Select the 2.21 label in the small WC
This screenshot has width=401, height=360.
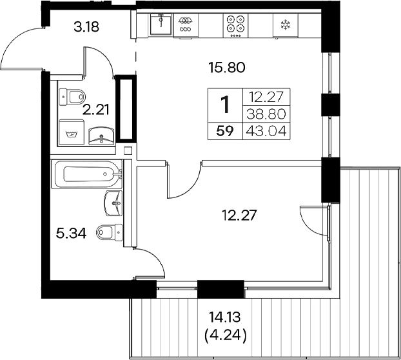tap(95, 109)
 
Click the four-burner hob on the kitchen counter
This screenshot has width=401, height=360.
tap(235, 24)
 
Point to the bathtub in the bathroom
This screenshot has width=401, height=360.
tap(86, 175)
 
